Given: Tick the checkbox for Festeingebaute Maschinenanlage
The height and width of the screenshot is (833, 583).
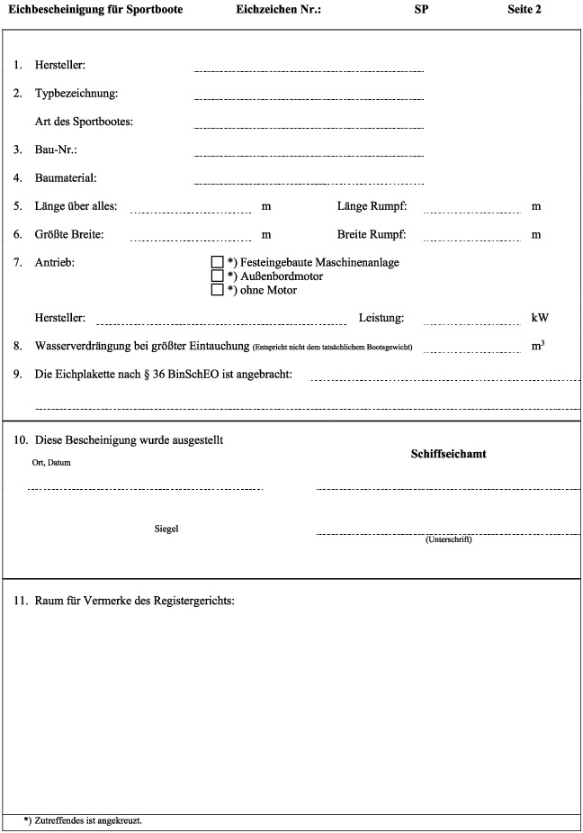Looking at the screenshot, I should [x=216, y=262].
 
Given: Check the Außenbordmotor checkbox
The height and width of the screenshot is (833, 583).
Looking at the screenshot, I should [x=216, y=276].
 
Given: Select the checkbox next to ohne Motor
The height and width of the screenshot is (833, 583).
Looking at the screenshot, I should [x=216, y=290].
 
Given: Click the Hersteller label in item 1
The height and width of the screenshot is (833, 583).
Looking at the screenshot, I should [x=59, y=66].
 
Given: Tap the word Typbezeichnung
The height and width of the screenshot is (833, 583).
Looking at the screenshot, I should [x=76, y=94].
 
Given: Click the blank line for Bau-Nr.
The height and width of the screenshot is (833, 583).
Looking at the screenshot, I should [x=308, y=154].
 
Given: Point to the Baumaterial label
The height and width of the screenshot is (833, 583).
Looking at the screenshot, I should [x=65, y=178].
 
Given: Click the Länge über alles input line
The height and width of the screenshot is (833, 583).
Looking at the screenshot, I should [x=191, y=212].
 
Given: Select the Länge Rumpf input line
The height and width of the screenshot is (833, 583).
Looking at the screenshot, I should [x=471, y=212].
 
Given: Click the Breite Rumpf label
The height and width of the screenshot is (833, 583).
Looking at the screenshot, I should [x=372, y=235].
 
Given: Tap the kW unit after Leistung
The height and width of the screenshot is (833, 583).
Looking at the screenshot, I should [x=540, y=318].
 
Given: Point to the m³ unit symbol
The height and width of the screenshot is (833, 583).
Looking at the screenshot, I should [x=538, y=345].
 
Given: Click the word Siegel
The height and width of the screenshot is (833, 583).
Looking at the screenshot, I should [x=166, y=529].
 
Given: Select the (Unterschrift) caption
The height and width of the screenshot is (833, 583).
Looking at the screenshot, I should [x=448, y=539].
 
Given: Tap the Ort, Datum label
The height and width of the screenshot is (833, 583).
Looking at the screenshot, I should [x=50, y=463].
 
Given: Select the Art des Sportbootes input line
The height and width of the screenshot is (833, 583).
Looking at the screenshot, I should [x=308, y=127].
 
